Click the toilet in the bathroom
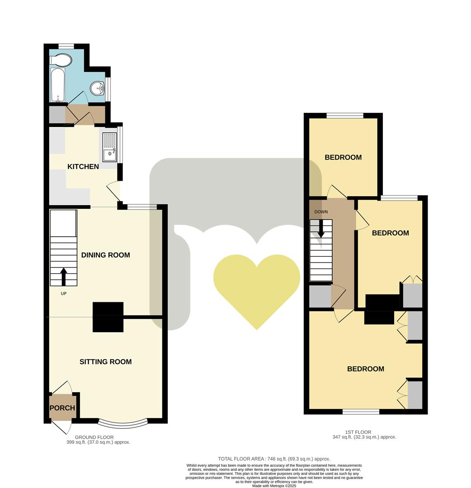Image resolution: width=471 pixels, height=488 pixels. coord(61,60)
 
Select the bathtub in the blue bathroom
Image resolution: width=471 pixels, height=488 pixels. coord(57,84)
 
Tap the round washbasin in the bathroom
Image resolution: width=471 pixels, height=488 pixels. coord(97,88)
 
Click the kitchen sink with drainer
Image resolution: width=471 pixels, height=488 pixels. coord(109,146)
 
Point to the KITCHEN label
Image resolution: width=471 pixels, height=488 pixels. coord(83,167)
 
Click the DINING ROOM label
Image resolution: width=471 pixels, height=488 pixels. coord(105,255)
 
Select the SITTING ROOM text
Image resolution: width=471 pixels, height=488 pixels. coord(105,361)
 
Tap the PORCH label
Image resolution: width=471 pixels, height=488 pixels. coord(62,408)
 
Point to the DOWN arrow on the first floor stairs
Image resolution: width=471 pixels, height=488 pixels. coord(321,228)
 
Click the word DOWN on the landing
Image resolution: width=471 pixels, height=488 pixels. coord(321,212)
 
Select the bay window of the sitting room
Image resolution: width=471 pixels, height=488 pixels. coord(123,423)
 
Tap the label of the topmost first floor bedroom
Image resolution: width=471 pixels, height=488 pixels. coord(343,157)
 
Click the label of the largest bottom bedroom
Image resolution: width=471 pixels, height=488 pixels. coord(365,369)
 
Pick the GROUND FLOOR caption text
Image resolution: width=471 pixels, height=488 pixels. coord(94,437)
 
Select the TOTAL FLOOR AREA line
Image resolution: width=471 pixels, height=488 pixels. coord(274,458)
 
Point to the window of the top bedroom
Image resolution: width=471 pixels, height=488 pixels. coord(345,115)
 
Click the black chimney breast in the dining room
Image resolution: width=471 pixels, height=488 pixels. coord(108,309)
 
